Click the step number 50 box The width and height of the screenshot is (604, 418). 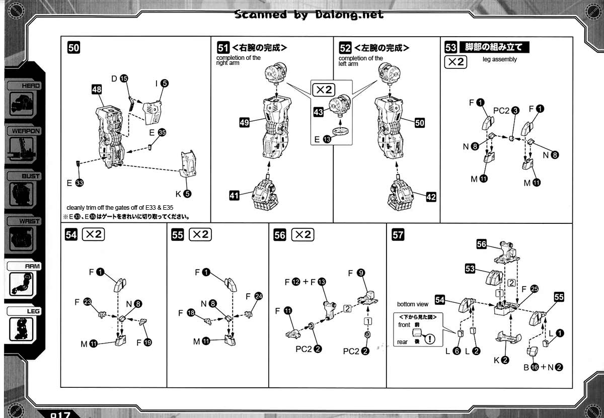(73, 48)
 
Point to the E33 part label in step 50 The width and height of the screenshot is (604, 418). (74, 183)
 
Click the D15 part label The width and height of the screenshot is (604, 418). (119, 78)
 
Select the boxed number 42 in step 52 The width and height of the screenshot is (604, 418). (430, 197)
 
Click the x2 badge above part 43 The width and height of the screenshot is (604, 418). (323, 90)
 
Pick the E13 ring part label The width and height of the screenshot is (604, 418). (323, 140)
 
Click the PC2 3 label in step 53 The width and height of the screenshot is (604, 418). (506, 110)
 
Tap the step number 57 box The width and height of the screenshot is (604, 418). (398, 235)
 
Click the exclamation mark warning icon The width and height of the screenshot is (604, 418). (429, 339)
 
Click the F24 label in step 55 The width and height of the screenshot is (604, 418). (254, 296)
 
